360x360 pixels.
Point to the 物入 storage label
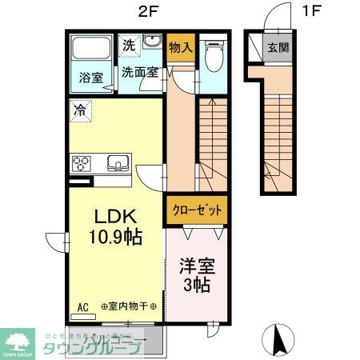[181, 46]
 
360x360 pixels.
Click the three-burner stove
[83, 164]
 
